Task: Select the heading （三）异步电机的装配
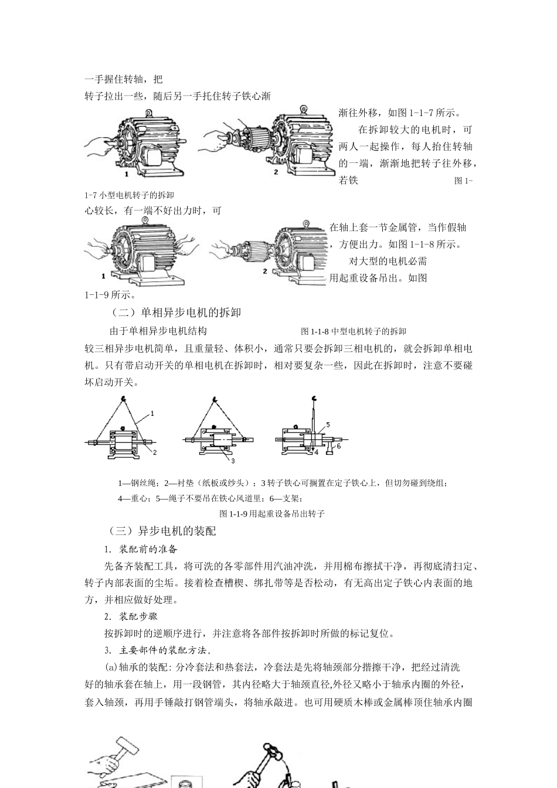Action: click(162, 531)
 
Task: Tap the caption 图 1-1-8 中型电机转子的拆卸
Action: click(353, 331)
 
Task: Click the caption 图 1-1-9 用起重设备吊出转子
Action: click(271, 514)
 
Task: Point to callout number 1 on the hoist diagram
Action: click(152, 413)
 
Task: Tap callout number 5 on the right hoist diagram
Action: click(328, 423)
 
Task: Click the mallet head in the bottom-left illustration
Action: click(125, 747)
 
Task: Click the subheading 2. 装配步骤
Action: click(131, 617)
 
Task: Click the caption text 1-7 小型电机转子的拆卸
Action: click(129, 195)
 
